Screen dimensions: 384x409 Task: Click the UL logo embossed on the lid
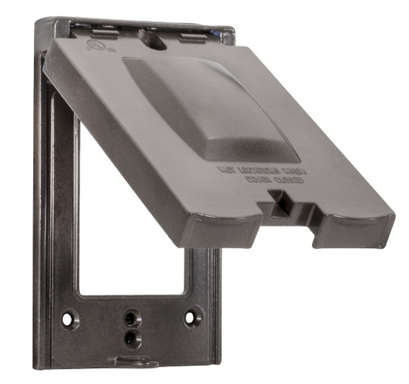coord(91,46)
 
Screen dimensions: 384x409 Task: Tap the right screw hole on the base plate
coord(189,317)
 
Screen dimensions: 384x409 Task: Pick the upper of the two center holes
coord(130,317)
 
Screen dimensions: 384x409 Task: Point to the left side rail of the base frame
coord(43,208)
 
